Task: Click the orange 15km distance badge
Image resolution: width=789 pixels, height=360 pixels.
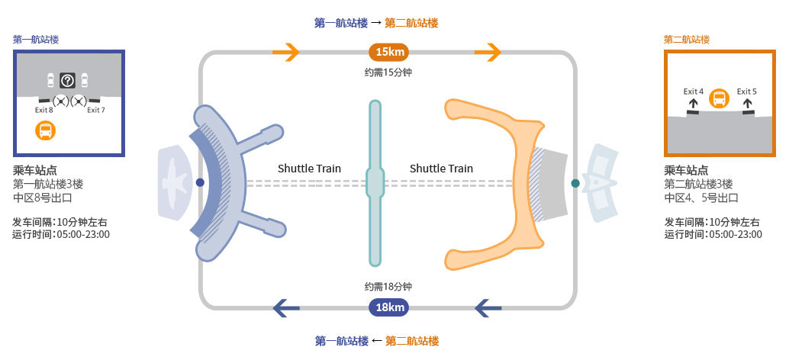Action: click(389, 51)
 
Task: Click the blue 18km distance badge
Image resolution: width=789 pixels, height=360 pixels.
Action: click(389, 307)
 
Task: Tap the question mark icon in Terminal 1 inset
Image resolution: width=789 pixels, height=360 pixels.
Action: click(67, 80)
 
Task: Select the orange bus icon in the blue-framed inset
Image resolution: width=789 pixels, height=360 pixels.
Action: click(45, 130)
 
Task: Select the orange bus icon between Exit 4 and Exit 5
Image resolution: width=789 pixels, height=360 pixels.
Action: click(719, 98)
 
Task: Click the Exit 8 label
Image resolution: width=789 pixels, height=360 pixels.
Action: click(44, 110)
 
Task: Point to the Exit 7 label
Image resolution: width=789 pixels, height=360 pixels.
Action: click(96, 110)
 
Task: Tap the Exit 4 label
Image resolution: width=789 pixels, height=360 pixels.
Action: click(694, 92)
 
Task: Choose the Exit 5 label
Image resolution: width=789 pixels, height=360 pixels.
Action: click(747, 92)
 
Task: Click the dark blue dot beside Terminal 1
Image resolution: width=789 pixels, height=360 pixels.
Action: click(200, 182)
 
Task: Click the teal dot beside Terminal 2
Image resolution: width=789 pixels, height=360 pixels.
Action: click(575, 183)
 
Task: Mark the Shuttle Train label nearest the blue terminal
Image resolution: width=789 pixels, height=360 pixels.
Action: click(310, 169)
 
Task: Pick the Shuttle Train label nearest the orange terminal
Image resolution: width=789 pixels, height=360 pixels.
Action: click(441, 169)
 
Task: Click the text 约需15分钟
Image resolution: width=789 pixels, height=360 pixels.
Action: click(388, 72)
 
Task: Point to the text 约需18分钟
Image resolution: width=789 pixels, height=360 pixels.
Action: click(388, 287)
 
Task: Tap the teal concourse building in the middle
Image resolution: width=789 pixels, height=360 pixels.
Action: click(375, 183)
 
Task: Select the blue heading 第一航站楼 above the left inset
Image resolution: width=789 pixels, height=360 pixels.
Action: click(36, 40)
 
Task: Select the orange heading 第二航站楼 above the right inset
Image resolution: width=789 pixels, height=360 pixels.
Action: click(686, 40)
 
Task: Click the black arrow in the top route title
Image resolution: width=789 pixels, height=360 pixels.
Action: click(376, 23)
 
